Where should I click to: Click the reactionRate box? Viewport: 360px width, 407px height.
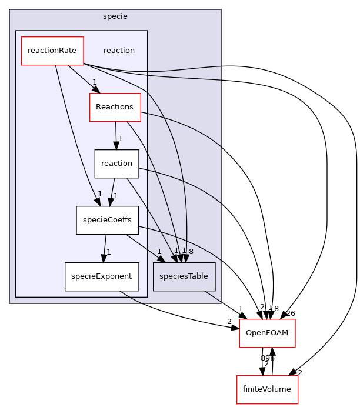point(52,51)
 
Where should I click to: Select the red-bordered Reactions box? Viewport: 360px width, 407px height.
point(115,107)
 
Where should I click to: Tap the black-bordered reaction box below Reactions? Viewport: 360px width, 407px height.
point(116,164)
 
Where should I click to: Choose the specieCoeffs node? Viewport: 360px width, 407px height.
point(107,220)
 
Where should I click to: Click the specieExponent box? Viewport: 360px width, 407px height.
point(102,276)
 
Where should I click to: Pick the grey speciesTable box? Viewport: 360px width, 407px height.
point(184,276)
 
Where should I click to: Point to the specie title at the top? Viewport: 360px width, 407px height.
point(115,16)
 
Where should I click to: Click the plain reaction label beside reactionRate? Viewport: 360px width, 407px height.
point(119,51)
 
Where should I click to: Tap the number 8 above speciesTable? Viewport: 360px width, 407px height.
point(191,251)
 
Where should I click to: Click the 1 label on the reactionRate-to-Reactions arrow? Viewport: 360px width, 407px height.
point(94,82)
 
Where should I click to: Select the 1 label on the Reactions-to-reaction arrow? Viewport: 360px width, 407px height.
point(120,139)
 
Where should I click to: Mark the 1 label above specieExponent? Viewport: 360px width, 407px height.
point(109,252)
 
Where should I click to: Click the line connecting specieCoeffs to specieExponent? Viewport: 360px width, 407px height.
point(105,246)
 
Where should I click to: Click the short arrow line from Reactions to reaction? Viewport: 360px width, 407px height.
point(116,132)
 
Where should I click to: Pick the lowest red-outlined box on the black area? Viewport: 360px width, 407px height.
point(268,389)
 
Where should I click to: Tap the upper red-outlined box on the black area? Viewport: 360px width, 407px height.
point(267,333)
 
